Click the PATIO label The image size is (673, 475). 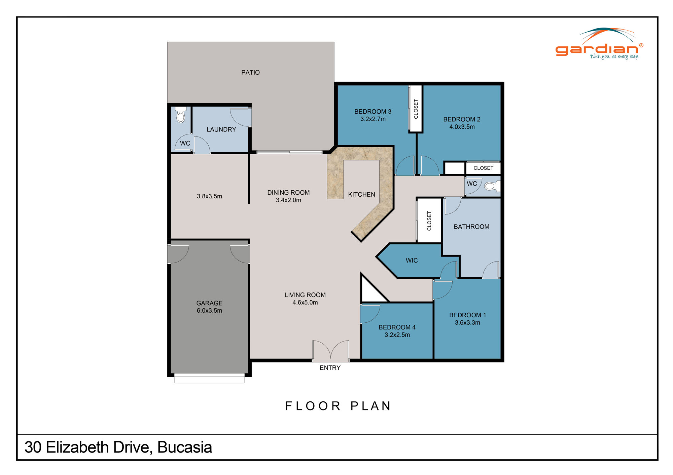(250, 72)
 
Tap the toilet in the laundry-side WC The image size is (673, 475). (181, 115)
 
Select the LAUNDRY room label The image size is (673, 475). (221, 129)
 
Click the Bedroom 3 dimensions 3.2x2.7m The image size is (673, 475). (373, 119)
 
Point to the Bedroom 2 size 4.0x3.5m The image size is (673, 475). (462, 127)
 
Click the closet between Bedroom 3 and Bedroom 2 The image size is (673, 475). (416, 109)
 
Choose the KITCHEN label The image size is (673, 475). (361, 194)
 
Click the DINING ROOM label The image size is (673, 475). (288, 192)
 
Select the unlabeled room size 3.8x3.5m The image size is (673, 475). (209, 196)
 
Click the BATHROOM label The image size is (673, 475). (471, 227)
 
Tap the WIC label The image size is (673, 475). (412, 260)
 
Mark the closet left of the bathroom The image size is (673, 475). (429, 221)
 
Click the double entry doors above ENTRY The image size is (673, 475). (331, 351)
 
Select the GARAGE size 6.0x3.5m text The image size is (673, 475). (209, 311)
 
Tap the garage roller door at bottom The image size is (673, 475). (209, 378)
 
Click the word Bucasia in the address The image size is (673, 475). (184, 447)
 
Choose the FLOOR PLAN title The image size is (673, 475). (338, 406)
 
